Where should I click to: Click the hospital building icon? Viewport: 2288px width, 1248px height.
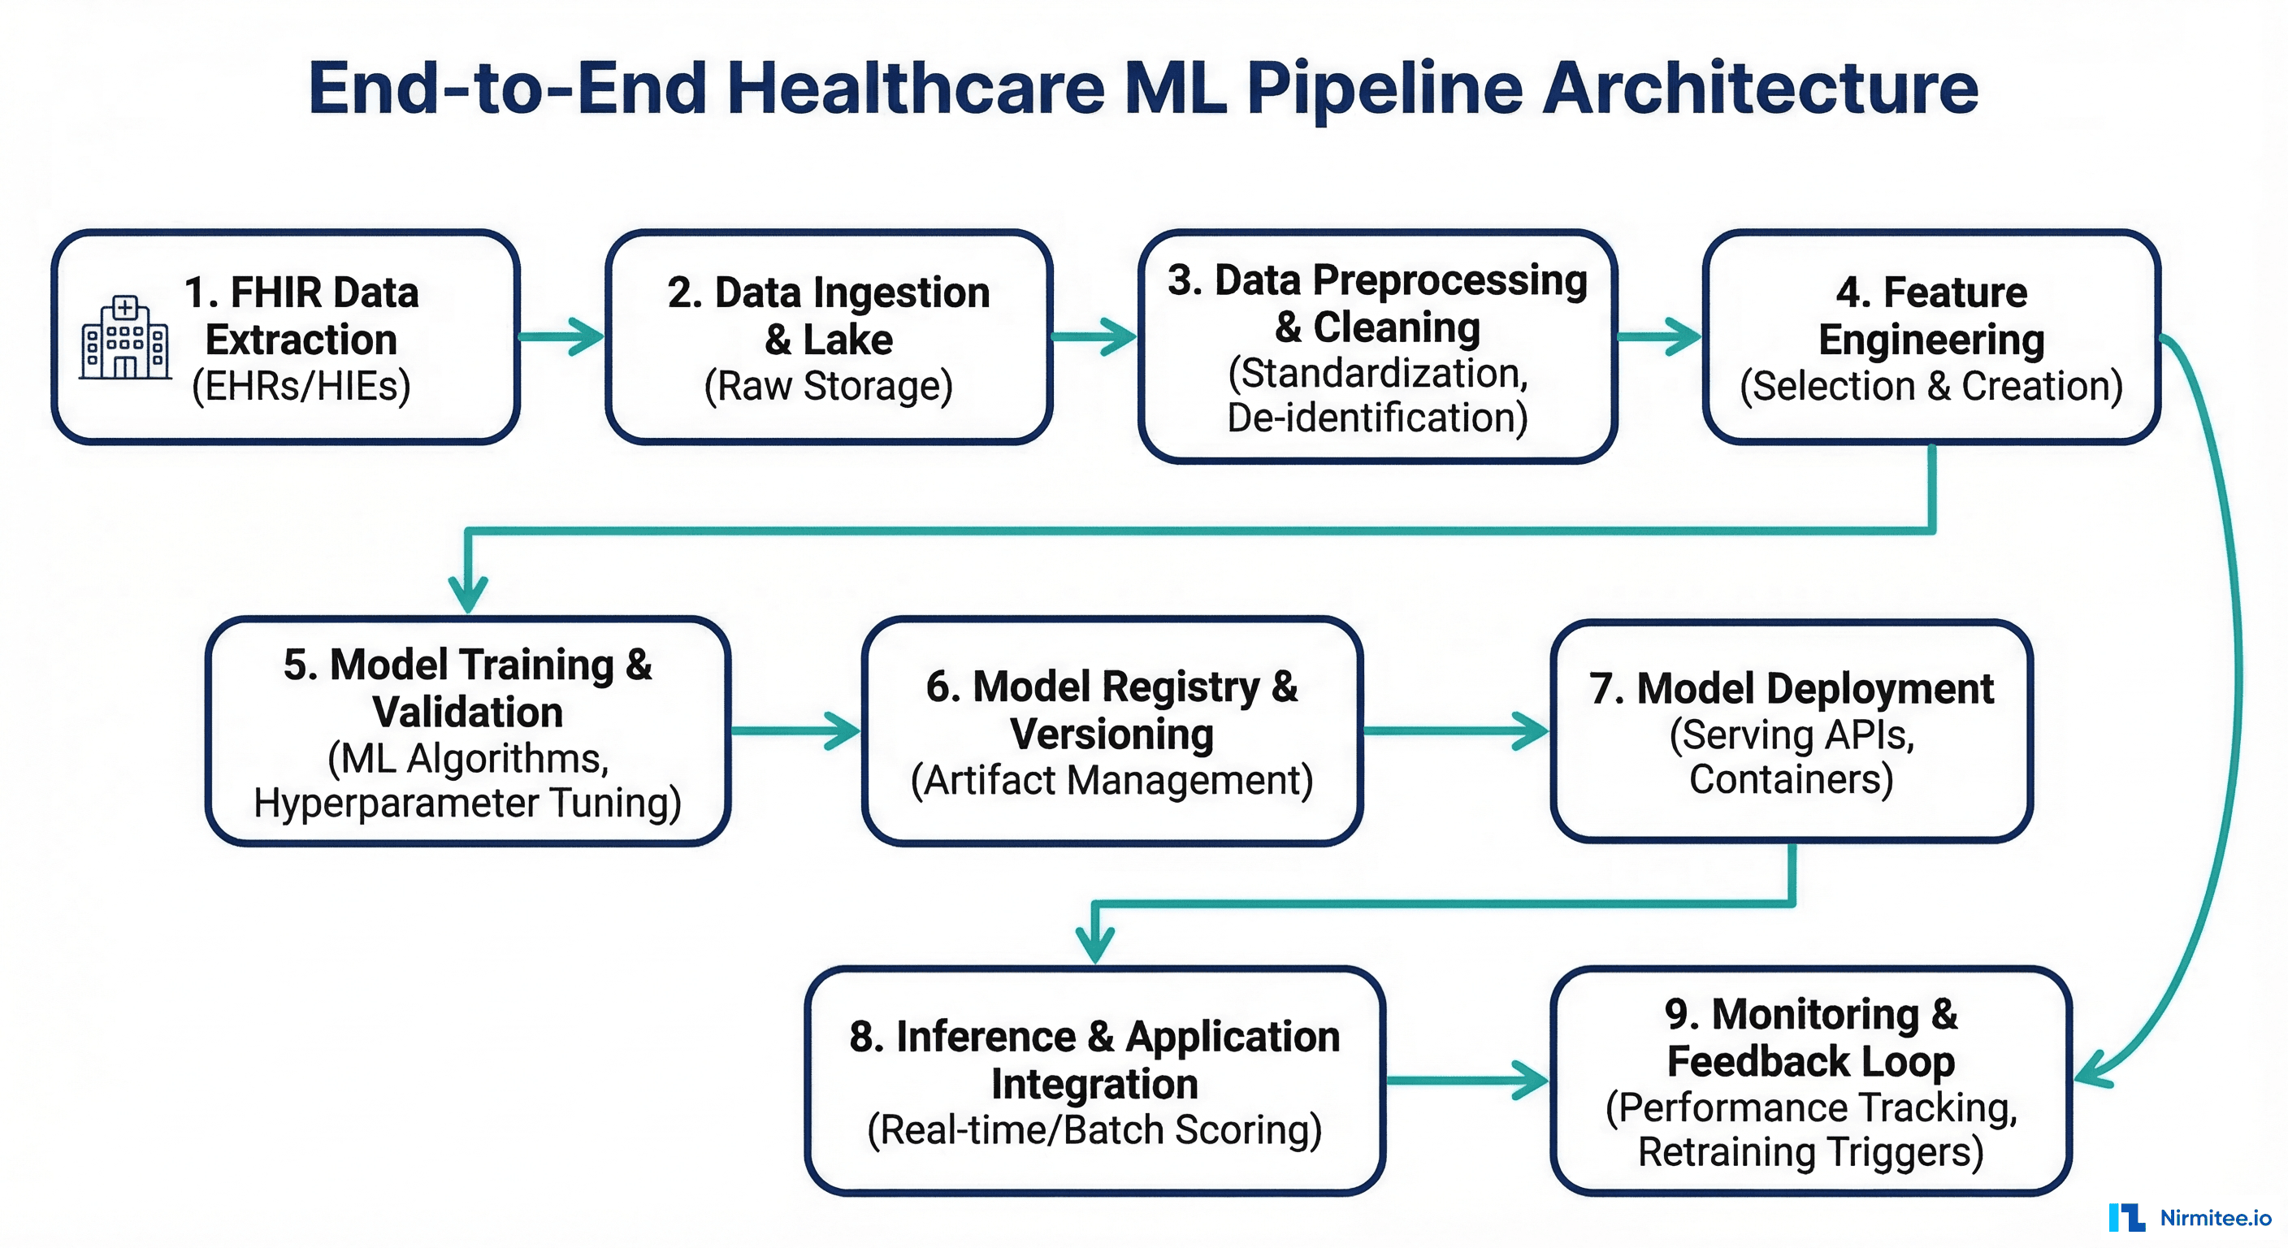[124, 339]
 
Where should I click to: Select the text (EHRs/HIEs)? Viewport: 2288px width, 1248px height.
[301, 387]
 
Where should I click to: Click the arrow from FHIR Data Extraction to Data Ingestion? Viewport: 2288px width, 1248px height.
[562, 336]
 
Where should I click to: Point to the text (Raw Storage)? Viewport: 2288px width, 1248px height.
[828, 387]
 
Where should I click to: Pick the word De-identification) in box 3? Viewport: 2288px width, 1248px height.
[1378, 418]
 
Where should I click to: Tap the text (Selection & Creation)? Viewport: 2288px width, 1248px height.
[1931, 387]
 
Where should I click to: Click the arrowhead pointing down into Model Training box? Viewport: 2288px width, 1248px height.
[468, 593]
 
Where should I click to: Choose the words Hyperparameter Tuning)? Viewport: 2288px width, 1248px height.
[468, 803]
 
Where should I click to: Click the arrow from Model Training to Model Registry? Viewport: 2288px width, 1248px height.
[795, 731]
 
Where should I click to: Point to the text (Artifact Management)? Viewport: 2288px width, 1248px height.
[1112, 781]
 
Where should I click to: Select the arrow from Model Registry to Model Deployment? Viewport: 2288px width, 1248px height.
[1457, 731]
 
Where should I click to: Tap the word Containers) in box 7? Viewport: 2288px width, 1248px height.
[1791, 780]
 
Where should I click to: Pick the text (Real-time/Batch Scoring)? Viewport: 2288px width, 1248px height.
[1094, 1131]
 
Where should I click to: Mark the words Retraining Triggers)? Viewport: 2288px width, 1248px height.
[1810, 1153]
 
